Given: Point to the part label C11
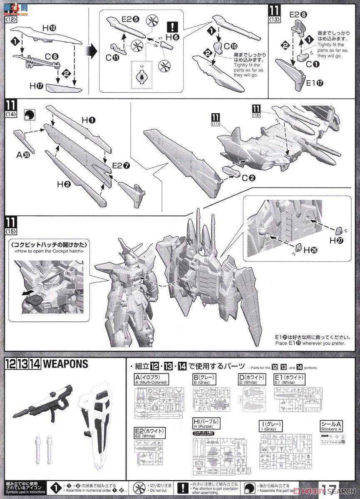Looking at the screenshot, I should coord(112,58).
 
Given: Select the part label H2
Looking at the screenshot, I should coord(64,184).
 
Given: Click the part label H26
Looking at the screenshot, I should coord(309,250).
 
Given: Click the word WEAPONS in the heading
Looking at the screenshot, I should coord(65,364).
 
